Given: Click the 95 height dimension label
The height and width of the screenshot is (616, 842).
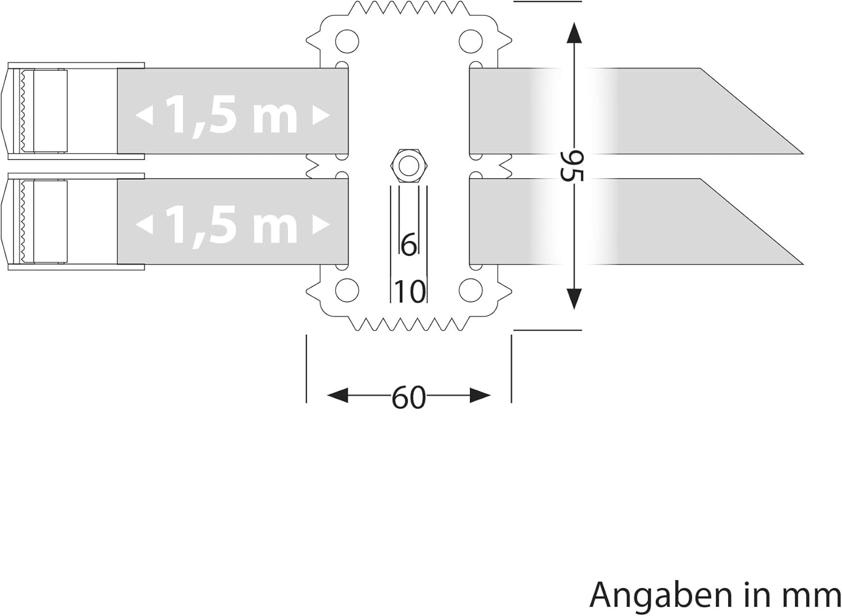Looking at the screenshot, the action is [x=572, y=166].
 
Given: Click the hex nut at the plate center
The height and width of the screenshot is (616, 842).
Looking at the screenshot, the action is [x=409, y=166].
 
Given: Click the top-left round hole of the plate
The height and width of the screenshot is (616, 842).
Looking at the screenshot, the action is [x=347, y=41].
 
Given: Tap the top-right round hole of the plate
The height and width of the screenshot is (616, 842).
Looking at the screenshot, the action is [x=470, y=41].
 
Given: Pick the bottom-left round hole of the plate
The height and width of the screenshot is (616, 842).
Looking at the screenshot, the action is [x=347, y=290].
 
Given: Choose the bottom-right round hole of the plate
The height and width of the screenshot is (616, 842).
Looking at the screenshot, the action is [x=470, y=290].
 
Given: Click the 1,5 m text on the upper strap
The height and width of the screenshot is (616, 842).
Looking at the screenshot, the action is [x=232, y=115].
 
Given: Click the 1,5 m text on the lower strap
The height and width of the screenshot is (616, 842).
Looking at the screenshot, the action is [x=232, y=225].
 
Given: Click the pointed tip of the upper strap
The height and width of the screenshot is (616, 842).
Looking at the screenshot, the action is [x=803, y=153].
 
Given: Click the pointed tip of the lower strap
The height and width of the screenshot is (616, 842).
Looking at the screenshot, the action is [x=803, y=264].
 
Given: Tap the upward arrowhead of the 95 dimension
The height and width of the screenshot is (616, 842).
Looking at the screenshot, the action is [x=574, y=33].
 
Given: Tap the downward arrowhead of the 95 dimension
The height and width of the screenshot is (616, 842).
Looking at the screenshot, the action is [x=574, y=299].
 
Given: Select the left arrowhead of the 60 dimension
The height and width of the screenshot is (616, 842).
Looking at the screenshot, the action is [x=337, y=396].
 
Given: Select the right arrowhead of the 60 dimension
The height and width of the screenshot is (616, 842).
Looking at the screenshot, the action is [x=481, y=396].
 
